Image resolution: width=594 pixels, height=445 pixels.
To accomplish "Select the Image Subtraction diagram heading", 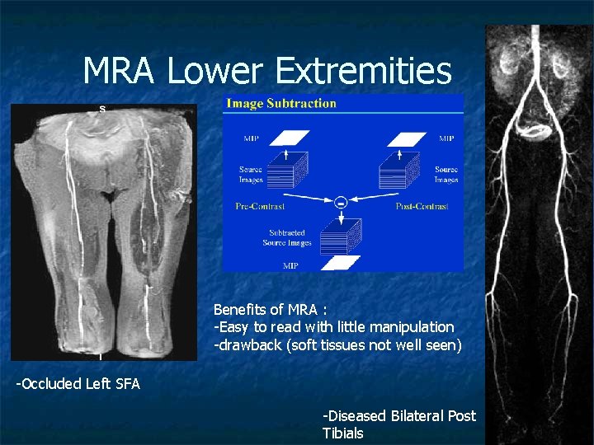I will point(281,104).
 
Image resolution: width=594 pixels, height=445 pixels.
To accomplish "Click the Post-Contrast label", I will point(422,206).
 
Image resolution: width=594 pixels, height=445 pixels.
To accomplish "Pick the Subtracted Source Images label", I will point(286,237).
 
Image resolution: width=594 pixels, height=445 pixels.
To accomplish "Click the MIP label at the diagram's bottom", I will point(290,265).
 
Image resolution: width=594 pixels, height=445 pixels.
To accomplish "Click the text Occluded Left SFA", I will point(78,383).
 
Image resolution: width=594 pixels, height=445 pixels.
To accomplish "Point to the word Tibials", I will point(342,433).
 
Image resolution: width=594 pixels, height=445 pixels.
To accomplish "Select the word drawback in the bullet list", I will point(247,344).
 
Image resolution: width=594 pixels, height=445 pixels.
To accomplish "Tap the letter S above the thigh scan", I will point(102,108).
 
